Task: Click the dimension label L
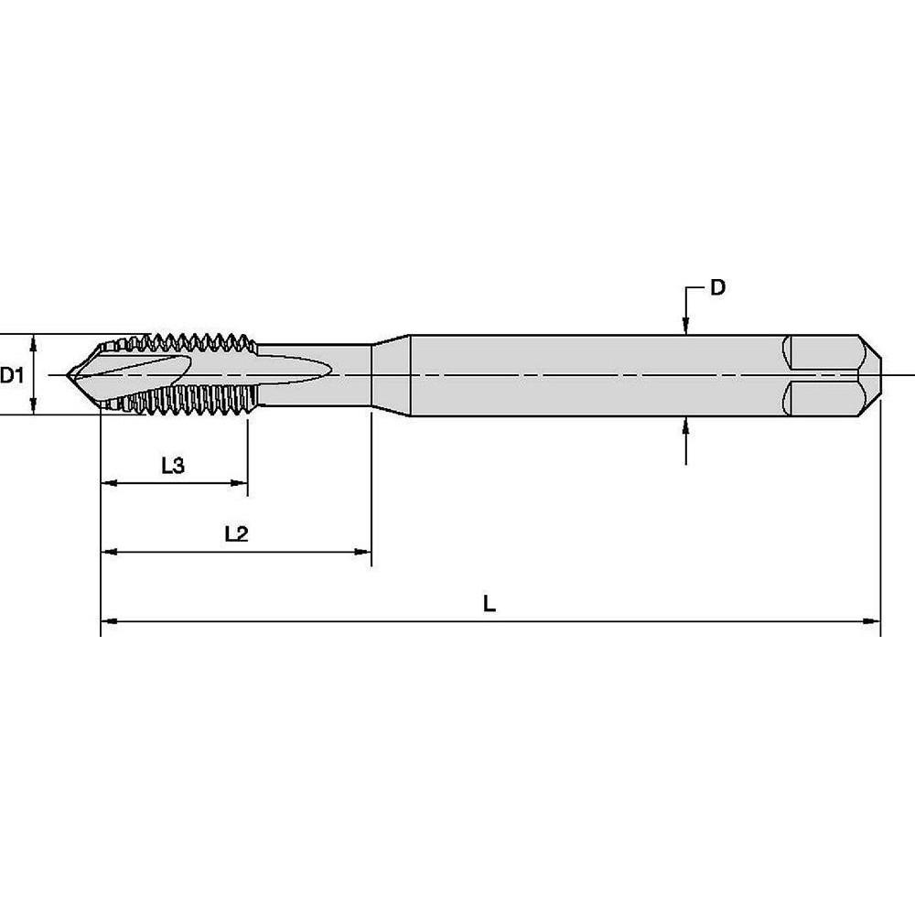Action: [490, 604]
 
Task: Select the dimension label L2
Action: [236, 534]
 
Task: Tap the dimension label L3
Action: [173, 466]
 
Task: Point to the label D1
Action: [11, 374]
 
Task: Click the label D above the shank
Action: [718, 288]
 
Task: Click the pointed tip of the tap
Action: [74, 374]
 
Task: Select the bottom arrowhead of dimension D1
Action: [34, 407]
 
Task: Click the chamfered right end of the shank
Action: [869, 374]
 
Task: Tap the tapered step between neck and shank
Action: [389, 374]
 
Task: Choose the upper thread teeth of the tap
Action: [192, 342]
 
